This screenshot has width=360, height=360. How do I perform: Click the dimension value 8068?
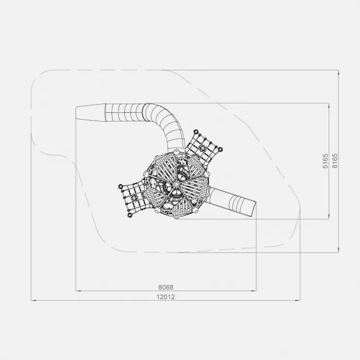pos(166,287)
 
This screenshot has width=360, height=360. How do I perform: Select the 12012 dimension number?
pos(166,297)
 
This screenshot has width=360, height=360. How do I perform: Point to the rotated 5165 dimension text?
pos(325,161)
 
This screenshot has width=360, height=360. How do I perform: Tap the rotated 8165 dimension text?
pos(335,161)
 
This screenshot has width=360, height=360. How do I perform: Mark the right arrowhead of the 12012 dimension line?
pos(298,300)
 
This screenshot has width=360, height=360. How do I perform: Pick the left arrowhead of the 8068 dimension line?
pos(78,290)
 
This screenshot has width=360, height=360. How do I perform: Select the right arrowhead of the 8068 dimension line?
pos(253,290)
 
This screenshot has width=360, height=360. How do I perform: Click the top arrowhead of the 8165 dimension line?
pos(339,72)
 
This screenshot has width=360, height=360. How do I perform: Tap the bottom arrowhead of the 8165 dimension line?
pos(339,250)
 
